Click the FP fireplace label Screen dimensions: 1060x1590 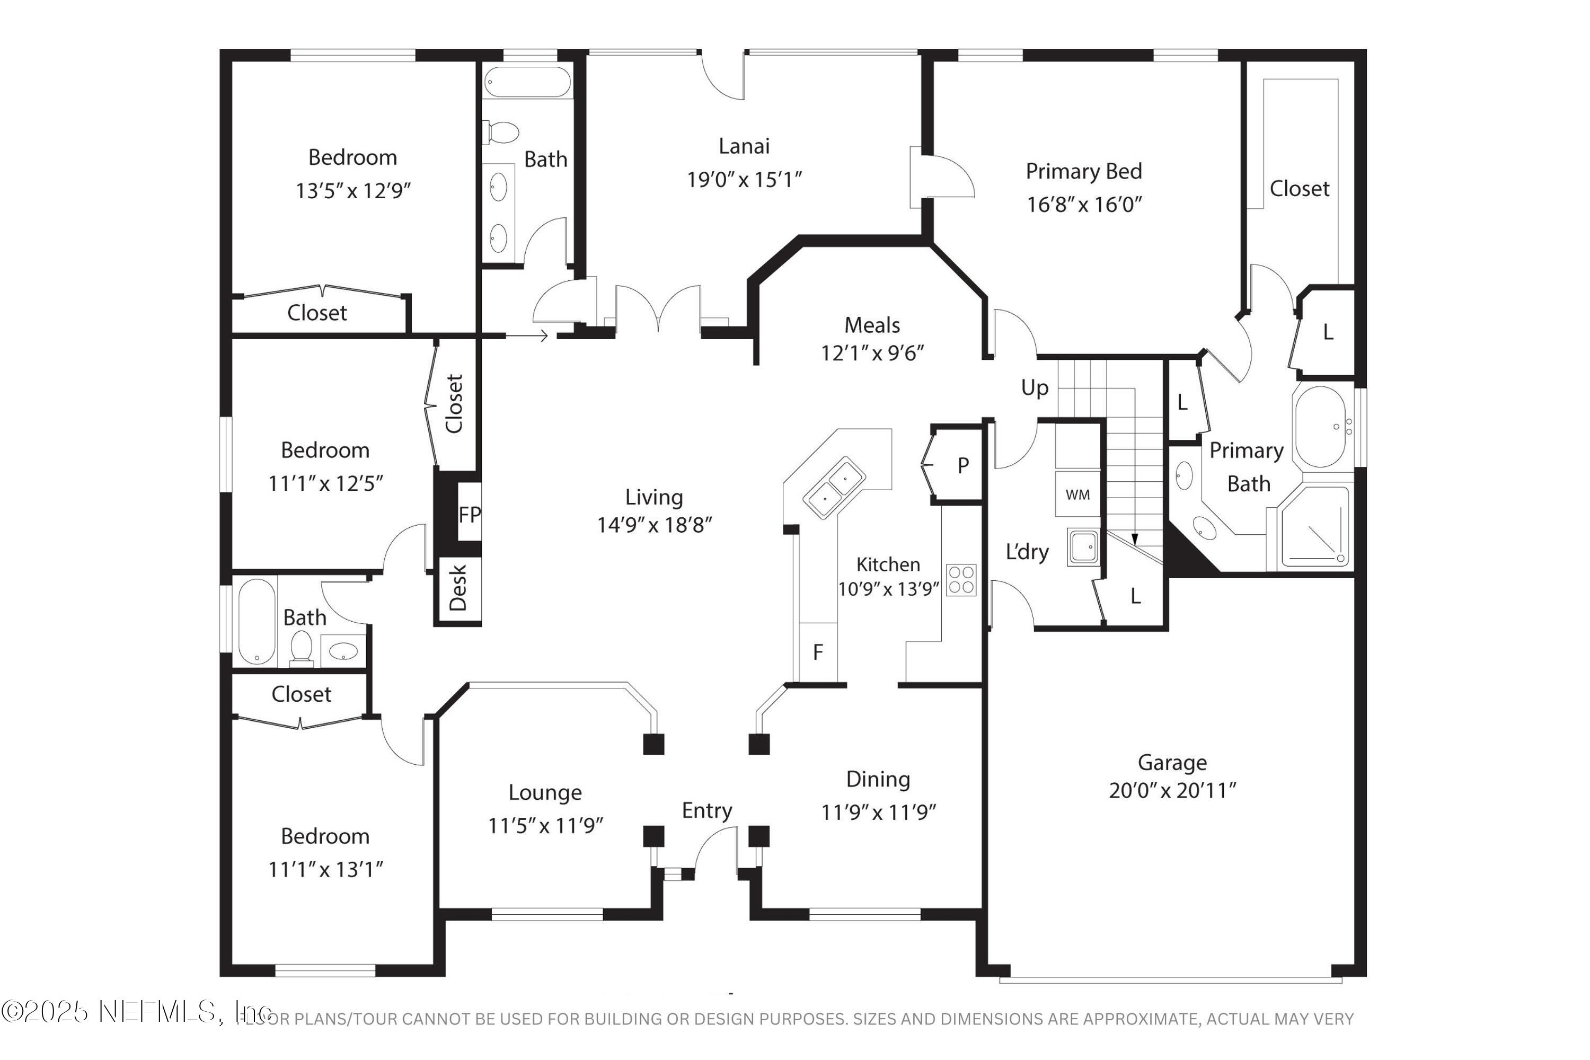(469, 515)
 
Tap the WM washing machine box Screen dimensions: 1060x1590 (1077, 495)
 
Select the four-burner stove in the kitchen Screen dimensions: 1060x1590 (960, 580)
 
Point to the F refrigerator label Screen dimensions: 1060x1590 (818, 652)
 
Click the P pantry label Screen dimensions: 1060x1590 (962, 465)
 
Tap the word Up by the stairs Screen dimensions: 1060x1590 (1035, 388)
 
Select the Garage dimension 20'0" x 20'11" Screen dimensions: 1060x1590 (1172, 790)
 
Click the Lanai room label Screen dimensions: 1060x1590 (744, 146)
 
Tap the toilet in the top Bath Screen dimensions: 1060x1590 (501, 132)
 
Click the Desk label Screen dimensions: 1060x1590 (458, 587)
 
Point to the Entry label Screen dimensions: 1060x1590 (706, 810)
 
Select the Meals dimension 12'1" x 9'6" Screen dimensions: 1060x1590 (872, 353)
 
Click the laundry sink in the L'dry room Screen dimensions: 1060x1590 (1083, 546)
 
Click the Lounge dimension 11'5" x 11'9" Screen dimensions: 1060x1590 (545, 825)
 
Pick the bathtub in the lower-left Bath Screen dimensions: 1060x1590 (256, 621)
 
